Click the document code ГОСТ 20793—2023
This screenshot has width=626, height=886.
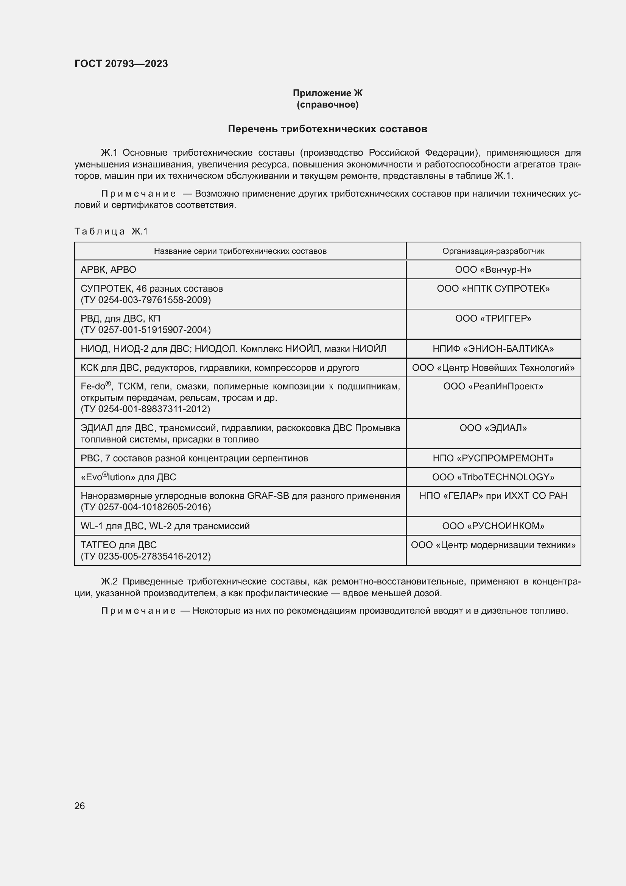(x=121, y=64)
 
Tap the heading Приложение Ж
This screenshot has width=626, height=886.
(x=327, y=93)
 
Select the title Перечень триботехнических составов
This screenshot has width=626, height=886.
(x=327, y=129)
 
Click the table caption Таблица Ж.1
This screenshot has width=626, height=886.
(x=111, y=231)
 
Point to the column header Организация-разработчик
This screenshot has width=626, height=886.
(x=493, y=251)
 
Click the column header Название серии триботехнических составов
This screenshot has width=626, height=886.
(x=240, y=251)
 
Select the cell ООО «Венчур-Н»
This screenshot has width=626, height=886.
(x=493, y=270)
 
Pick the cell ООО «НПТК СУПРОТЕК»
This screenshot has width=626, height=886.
(x=493, y=289)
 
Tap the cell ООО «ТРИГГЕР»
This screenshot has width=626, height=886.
(x=493, y=318)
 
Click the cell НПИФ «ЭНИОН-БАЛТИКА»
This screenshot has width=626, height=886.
(x=493, y=349)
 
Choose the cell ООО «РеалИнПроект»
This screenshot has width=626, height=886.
(x=493, y=386)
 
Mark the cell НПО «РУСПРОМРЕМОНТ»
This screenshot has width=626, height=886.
(x=493, y=458)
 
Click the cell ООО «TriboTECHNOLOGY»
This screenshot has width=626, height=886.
(x=493, y=477)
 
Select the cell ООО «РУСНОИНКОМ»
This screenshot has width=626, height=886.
(x=493, y=526)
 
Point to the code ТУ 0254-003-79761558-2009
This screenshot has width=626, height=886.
(x=146, y=300)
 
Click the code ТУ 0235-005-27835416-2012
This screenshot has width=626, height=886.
(x=146, y=556)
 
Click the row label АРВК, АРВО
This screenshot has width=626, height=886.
(x=108, y=270)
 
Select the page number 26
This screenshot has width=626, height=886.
(x=79, y=806)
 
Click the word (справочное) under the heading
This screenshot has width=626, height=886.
(x=327, y=105)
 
